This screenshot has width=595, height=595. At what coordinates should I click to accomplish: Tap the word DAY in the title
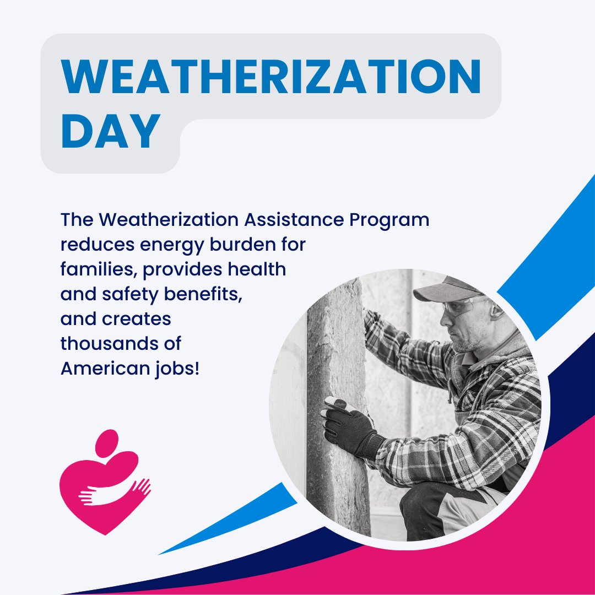[x=110, y=132]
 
